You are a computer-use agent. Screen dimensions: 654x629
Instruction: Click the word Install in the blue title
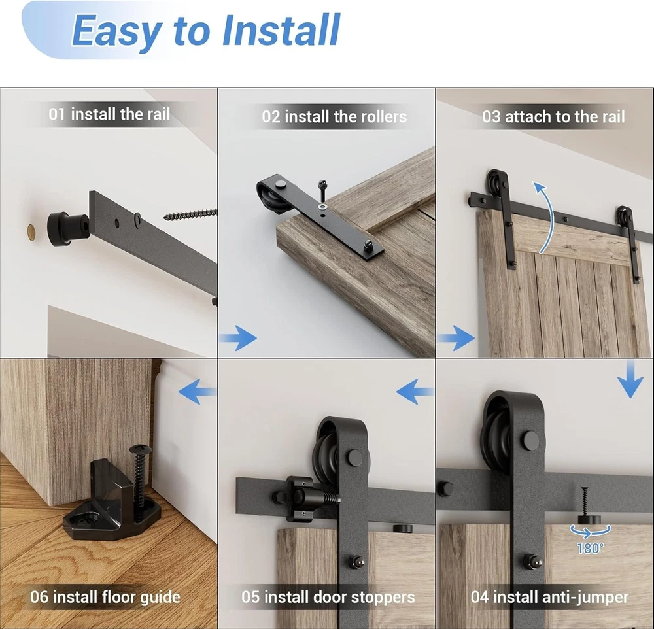[x=281, y=30]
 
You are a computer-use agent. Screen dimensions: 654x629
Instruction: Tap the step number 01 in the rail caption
[x=57, y=114]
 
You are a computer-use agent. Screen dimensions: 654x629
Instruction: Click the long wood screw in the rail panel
[x=190, y=214]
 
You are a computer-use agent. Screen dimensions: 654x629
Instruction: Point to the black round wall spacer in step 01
[x=66, y=229]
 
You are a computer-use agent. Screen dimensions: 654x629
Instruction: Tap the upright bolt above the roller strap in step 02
[x=322, y=190]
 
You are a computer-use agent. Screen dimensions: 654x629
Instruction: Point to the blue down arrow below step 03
[x=630, y=379]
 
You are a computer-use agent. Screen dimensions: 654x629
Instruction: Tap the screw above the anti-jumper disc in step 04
[x=585, y=501]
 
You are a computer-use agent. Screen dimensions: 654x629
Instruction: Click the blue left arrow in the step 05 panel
[x=415, y=392]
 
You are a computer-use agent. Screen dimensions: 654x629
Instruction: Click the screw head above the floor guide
[x=140, y=450]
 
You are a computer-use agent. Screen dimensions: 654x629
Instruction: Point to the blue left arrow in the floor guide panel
[x=198, y=391]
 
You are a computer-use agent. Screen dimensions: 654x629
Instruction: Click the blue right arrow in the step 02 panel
[x=238, y=338]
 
